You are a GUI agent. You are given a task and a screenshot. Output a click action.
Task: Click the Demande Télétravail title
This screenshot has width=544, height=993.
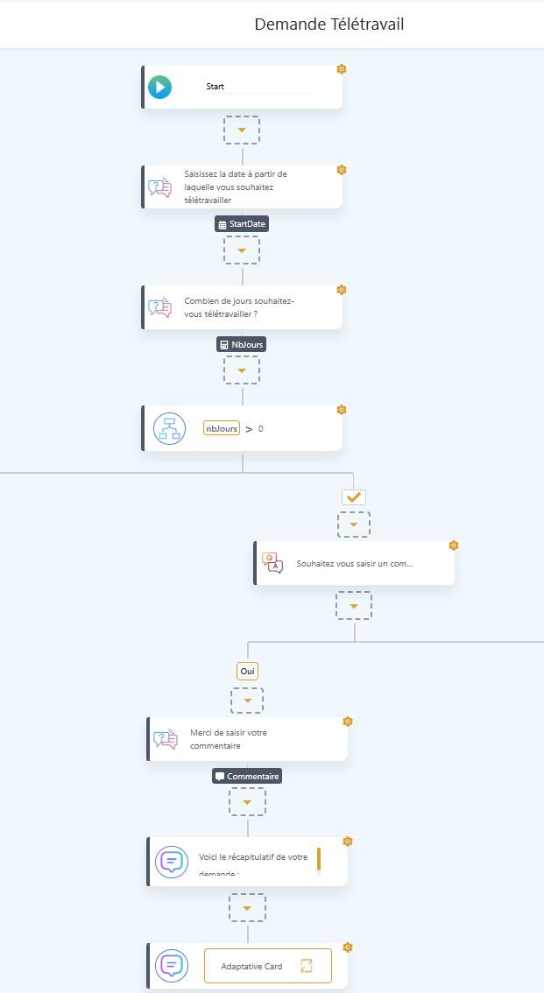(329, 24)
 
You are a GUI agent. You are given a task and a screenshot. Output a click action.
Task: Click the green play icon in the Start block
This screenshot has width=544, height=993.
(159, 87)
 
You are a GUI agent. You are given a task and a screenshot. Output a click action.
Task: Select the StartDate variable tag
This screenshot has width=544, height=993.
(242, 224)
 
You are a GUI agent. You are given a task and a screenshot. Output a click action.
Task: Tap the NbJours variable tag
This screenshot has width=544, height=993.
(241, 344)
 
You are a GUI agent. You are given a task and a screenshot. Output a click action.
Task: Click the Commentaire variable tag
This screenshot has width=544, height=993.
(247, 776)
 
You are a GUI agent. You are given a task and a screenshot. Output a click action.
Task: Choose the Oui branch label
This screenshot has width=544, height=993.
(248, 671)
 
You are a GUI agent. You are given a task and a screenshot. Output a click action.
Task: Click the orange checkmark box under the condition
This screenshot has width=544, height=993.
(354, 497)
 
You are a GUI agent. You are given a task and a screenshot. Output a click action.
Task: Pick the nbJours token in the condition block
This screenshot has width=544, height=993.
(221, 428)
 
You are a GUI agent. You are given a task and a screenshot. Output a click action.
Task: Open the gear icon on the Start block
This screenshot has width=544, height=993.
(342, 69)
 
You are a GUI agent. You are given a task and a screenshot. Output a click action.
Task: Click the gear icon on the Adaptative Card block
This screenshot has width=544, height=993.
(348, 947)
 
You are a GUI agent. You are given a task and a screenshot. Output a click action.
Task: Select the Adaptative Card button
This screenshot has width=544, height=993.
(268, 966)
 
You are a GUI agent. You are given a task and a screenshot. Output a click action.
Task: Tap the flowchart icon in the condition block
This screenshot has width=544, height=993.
(169, 428)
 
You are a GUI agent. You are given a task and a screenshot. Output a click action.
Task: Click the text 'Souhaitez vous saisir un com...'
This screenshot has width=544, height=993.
(355, 564)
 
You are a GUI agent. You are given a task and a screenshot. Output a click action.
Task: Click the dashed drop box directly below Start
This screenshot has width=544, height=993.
(242, 130)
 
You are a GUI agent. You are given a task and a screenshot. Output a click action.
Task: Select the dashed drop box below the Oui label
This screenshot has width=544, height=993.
(247, 701)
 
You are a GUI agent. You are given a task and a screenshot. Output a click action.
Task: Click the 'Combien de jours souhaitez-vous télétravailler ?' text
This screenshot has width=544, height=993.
(239, 307)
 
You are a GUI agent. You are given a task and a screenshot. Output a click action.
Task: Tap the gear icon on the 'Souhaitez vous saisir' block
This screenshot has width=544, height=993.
(453, 546)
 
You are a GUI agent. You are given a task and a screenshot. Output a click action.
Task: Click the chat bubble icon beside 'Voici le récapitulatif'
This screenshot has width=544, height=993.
(171, 863)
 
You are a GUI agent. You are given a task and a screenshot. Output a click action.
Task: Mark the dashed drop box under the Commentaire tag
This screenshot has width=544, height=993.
(247, 801)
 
